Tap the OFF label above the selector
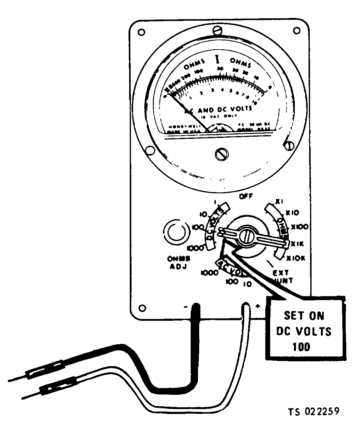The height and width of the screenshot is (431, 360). pos(246,196)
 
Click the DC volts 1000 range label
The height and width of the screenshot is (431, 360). pos(195,248)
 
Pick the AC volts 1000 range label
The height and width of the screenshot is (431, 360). pos(210,273)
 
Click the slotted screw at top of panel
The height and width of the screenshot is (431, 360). pos(217,30)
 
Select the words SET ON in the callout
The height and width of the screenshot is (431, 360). pos(304,316)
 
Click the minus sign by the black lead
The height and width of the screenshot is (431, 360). pos(186,307)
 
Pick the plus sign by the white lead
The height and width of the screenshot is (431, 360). pos(258,307)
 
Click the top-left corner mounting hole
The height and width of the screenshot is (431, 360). pos(141,32)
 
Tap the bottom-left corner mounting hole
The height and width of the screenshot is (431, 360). pos(141,307)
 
